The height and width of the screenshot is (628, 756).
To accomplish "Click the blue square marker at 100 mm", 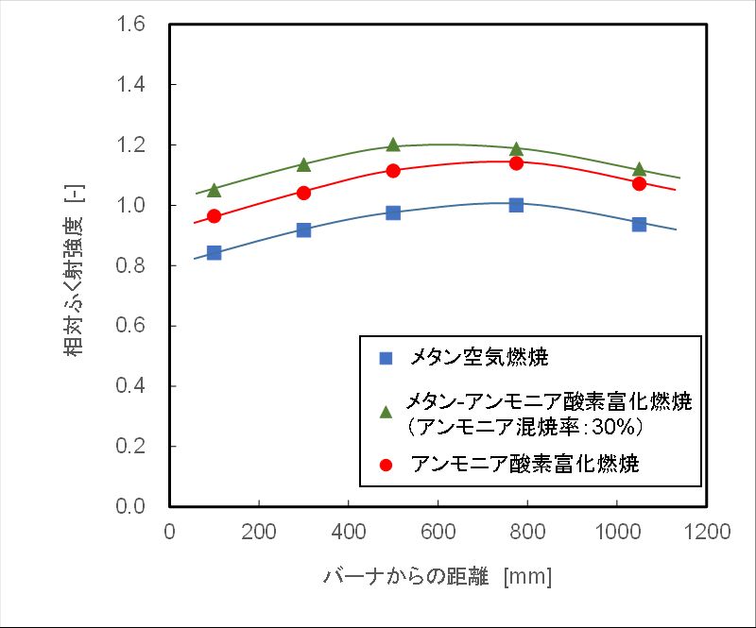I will tap(214, 253).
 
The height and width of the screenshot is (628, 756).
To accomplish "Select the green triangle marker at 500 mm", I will tap(393, 144).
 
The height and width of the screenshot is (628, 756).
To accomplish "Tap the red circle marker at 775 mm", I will tap(516, 162).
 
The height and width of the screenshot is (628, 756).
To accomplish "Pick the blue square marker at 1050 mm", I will tap(639, 225).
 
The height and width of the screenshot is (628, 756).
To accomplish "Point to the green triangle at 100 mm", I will tap(214, 190).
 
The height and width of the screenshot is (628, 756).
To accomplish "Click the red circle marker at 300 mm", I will tap(303, 192).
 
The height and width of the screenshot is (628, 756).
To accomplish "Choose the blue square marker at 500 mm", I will tap(393, 212).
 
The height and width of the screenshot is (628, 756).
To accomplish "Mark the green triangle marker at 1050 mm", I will tap(639, 169).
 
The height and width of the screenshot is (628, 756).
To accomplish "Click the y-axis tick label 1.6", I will tap(133, 25).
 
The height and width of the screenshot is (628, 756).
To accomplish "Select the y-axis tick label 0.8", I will tap(133, 265).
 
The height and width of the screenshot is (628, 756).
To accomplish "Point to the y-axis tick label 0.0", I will tap(133, 506).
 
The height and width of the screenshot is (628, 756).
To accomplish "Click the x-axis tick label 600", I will tap(438, 532).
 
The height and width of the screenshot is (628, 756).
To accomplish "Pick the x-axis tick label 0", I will tap(170, 532).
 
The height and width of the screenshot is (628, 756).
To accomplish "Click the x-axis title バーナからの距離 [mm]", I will tap(438, 576).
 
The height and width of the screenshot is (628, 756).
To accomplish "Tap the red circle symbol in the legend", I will tap(385, 465).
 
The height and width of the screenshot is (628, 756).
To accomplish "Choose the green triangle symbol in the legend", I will tap(385, 412).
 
